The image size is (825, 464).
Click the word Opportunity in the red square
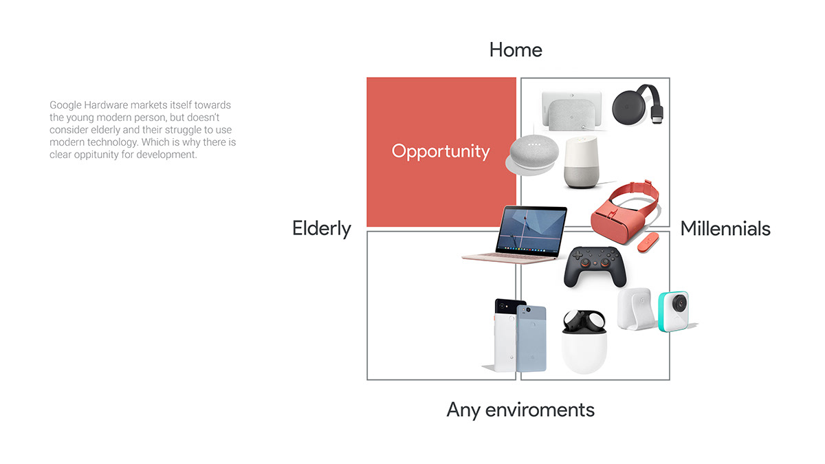(x=441, y=151)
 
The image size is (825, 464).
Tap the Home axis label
(x=516, y=49)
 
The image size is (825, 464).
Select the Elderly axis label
(x=322, y=228)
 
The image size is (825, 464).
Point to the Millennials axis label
(x=725, y=228)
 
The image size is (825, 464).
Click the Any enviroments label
(x=520, y=410)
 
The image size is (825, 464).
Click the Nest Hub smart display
(x=571, y=110)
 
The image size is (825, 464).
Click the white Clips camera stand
(x=636, y=309)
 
